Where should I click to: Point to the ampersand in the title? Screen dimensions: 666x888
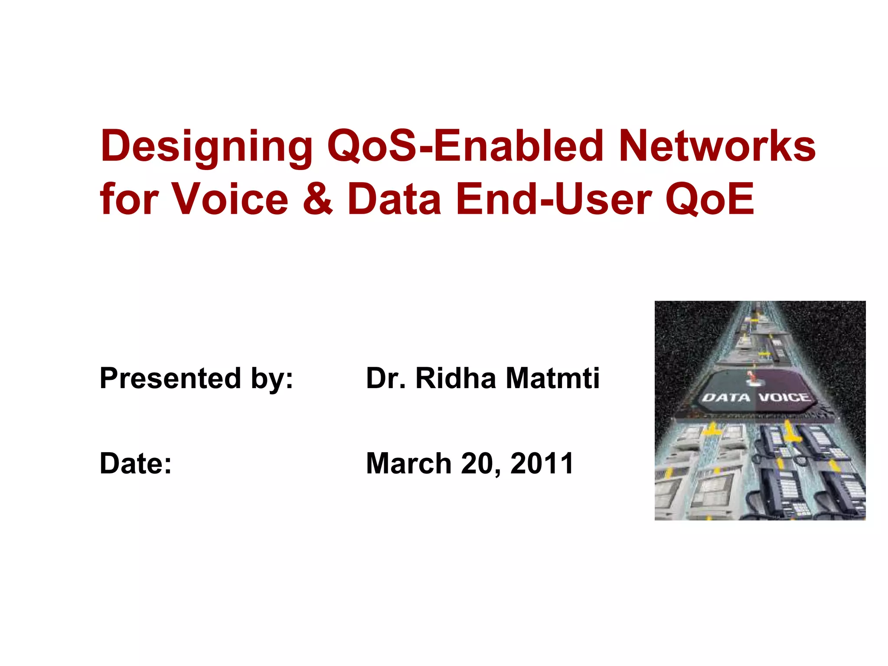click(317, 199)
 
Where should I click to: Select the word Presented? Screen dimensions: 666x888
click(170, 378)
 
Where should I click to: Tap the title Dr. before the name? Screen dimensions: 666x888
click(385, 378)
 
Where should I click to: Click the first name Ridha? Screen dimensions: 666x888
click(455, 378)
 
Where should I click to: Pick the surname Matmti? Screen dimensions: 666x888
click(553, 378)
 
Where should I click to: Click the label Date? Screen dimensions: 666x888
click(136, 464)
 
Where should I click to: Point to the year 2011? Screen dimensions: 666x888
click(542, 464)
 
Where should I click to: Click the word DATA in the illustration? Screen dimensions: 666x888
click(726, 398)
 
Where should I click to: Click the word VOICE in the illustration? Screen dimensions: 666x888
click(784, 398)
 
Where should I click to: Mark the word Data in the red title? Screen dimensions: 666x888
click(394, 199)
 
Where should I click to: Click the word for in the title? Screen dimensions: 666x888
click(129, 199)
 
